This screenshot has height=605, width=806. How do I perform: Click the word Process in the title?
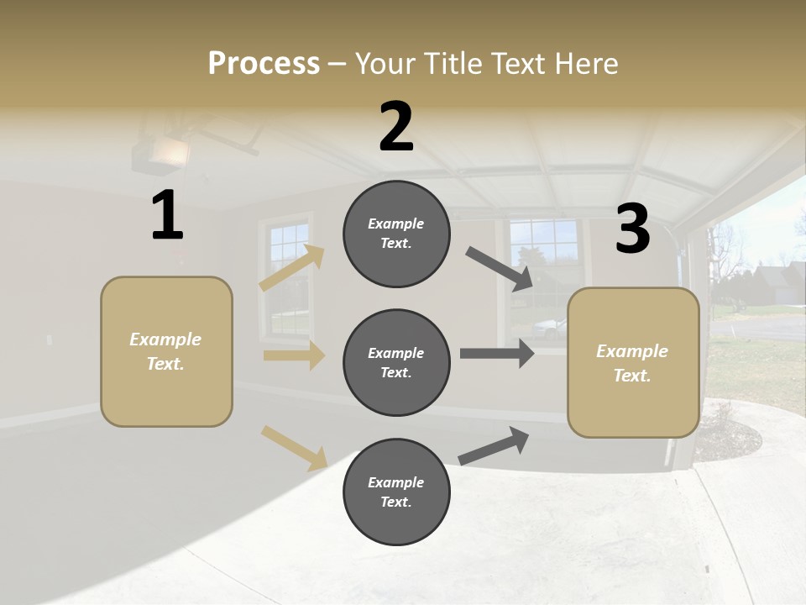264,64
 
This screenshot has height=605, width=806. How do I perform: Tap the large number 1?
167,216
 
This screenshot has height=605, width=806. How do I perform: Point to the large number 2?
396,128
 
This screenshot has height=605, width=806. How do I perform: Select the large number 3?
632,229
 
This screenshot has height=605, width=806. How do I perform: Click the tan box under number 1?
166,351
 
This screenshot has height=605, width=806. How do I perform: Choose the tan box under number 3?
633,362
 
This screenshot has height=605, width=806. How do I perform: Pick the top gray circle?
396,234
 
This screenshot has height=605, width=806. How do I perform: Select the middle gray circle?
396,362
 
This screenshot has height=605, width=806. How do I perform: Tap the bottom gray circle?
396,492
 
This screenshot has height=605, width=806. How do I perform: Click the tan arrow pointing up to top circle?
292,267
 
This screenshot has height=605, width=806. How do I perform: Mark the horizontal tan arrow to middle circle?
293,355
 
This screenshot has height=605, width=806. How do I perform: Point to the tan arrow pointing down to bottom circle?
294,447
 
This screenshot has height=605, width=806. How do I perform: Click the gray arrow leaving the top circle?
499,269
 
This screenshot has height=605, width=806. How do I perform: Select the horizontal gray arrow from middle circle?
496,354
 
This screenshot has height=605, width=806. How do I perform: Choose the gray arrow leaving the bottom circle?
494,445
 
